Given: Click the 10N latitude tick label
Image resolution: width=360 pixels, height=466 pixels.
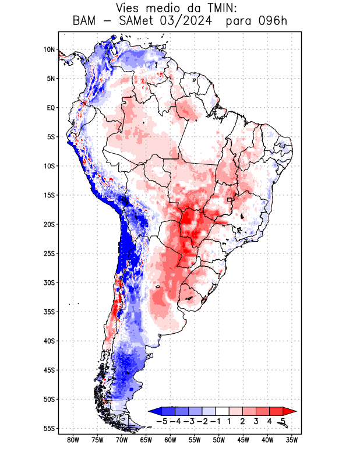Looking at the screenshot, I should click(49, 50).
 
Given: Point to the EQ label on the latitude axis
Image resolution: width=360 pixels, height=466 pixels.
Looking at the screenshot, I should click(50, 108).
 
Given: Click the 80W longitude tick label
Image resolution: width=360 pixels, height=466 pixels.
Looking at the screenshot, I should click(73, 440).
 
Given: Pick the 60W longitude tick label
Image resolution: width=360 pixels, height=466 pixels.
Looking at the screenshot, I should click(170, 440).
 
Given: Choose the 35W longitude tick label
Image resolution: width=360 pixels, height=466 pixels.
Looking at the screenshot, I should click(292, 440).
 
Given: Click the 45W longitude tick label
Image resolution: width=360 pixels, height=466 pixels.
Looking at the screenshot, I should click(243, 440).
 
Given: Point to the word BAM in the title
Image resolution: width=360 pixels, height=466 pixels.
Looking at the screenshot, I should click(86, 22).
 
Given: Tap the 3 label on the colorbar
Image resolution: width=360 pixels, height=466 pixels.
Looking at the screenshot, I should click(256, 421).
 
